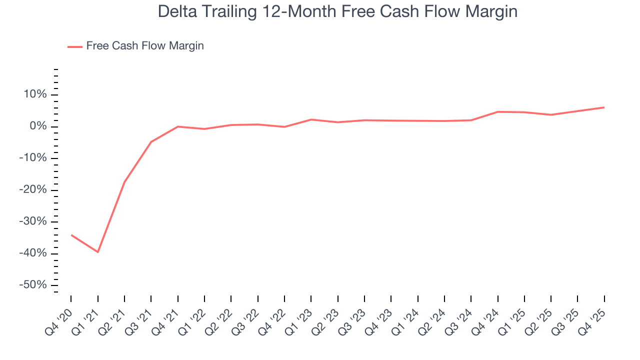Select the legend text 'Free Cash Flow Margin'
click(145, 46)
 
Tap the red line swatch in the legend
click(75, 46)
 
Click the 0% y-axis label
click(38, 126)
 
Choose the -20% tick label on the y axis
click(33, 190)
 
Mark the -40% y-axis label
click(33, 253)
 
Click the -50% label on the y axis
click(33, 285)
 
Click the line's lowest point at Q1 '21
click(97, 252)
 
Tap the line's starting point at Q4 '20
click(71, 234)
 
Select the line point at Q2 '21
click(124, 182)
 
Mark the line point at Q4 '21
click(178, 126)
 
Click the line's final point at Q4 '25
click(604, 107)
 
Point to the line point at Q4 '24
click(497, 112)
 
